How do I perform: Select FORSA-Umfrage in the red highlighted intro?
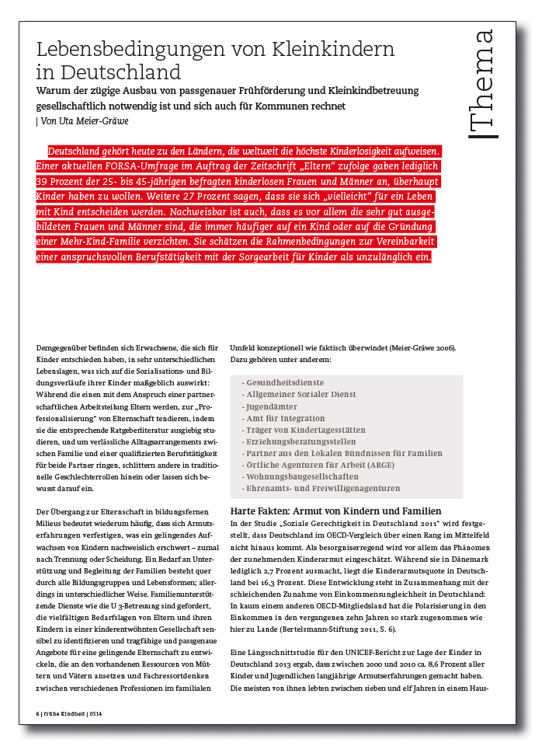coord(127,166)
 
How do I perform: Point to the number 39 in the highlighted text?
coord(43,181)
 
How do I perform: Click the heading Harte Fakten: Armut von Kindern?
coord(336,511)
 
